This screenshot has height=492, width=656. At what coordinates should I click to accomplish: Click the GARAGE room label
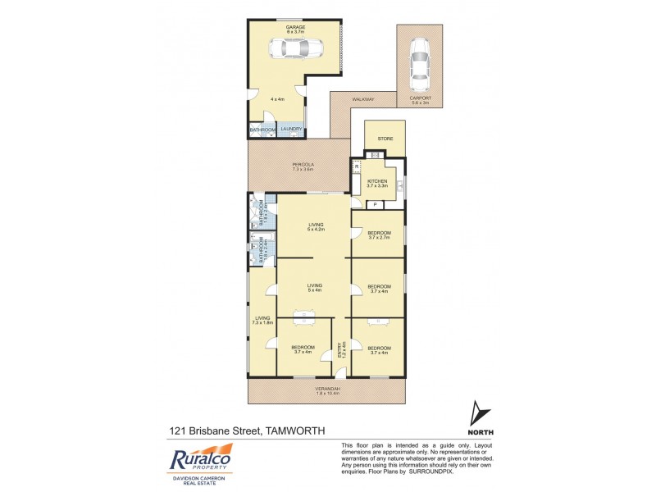coord(295,27)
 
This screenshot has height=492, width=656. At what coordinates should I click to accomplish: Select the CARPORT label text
coord(420,99)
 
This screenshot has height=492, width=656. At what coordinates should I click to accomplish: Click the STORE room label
coord(385,139)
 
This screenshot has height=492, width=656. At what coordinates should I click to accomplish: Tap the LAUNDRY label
coord(292,129)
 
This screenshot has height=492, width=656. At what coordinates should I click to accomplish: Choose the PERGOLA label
coord(303,165)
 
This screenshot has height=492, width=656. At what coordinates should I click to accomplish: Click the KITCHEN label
coord(376,180)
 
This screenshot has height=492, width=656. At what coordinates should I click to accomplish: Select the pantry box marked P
coord(375,204)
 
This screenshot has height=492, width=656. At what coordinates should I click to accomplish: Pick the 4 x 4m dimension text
coord(278,99)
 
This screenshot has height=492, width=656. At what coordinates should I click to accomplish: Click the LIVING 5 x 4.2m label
coord(315,226)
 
